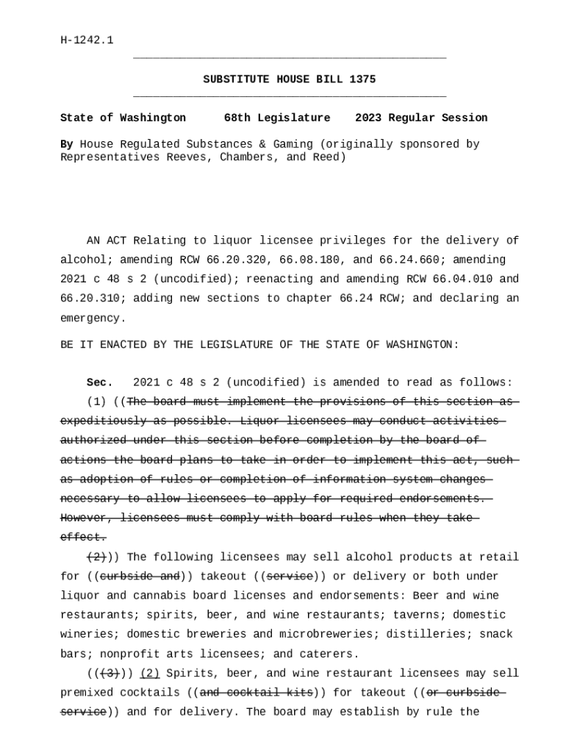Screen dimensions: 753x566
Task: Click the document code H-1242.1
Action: tap(87, 40)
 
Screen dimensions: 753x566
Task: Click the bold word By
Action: tap(66, 144)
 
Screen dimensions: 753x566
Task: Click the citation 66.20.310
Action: tap(87, 299)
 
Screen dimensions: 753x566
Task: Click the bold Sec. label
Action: tap(100, 382)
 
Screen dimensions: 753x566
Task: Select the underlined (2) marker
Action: tap(150, 674)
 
